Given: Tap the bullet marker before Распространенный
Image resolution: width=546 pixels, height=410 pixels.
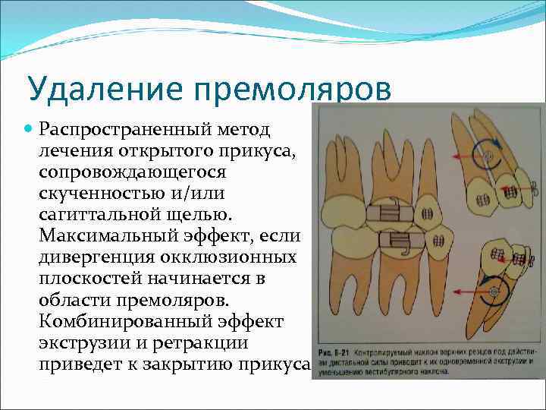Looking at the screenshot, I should pos(29,131).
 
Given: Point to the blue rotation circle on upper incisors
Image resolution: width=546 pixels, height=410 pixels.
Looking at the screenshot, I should pos(485,156).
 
